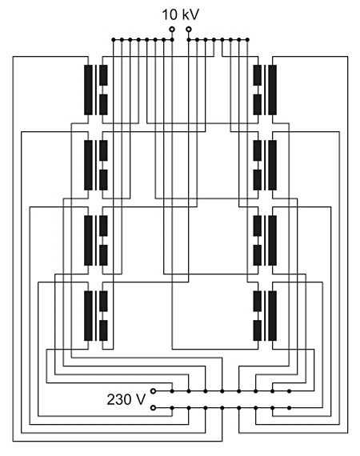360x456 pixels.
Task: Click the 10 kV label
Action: coord(180,15)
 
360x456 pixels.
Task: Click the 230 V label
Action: coord(126,399)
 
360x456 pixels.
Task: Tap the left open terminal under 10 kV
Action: coord(172,29)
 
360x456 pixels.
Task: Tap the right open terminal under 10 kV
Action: coord(189,29)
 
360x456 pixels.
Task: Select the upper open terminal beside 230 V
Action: coord(153,391)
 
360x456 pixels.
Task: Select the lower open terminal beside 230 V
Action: coord(153,408)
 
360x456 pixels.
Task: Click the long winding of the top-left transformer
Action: coord(88,90)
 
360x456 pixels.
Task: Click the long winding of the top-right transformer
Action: coord(273,90)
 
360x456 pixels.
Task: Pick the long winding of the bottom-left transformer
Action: coord(88,315)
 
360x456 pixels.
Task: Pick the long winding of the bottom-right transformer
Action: coord(273,315)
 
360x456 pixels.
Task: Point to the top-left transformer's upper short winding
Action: coord(103,75)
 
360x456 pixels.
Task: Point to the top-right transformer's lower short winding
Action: coord(258,105)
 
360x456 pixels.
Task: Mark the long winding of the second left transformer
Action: coord(88,165)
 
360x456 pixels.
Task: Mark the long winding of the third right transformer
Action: coord(273,240)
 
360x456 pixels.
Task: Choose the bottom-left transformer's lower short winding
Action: coord(103,330)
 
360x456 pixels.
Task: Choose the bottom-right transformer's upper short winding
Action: coord(258,301)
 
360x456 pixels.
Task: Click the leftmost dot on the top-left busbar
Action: coord(113,39)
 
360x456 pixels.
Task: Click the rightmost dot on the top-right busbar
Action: coord(247,39)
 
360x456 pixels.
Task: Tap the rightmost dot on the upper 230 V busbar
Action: coord(289,391)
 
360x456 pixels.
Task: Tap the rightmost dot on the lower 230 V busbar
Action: coord(289,408)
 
